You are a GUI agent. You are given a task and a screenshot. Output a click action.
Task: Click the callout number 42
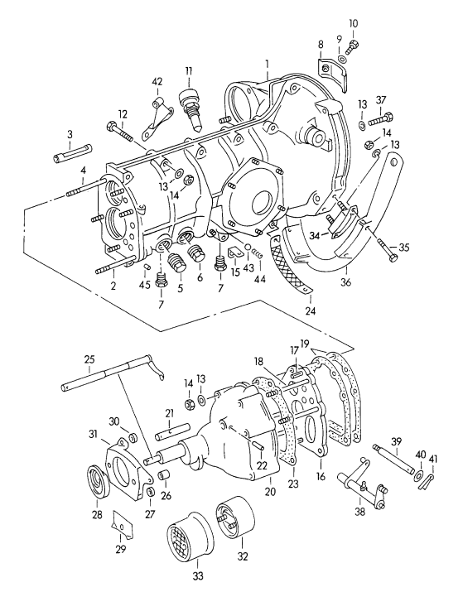pos(157,81)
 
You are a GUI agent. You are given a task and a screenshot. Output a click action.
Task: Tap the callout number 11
pos(189,70)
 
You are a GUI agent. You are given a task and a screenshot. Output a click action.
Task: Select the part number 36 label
pos(345,282)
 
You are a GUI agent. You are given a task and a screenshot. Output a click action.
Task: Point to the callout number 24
pos(311,310)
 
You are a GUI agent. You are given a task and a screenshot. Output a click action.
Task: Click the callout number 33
pos(198,575)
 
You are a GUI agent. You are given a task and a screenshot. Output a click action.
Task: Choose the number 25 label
pos(89,359)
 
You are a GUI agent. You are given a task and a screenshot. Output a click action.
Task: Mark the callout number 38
pos(360,512)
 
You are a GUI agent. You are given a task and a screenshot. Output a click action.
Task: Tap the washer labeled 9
pos(342,60)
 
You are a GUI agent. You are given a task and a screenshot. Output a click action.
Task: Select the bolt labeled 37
pos(380,118)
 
